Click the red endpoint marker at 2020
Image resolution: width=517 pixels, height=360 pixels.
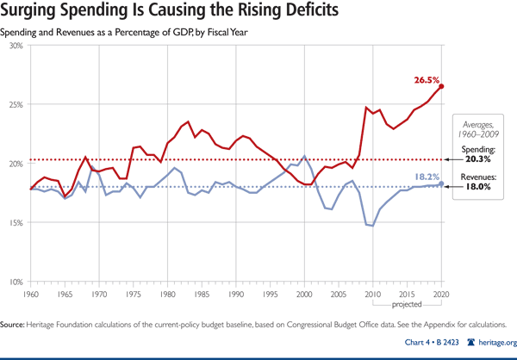441,86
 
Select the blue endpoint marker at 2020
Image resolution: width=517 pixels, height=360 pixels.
441,183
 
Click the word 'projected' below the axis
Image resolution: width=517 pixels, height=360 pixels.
407,305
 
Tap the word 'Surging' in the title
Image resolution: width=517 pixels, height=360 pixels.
37,13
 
